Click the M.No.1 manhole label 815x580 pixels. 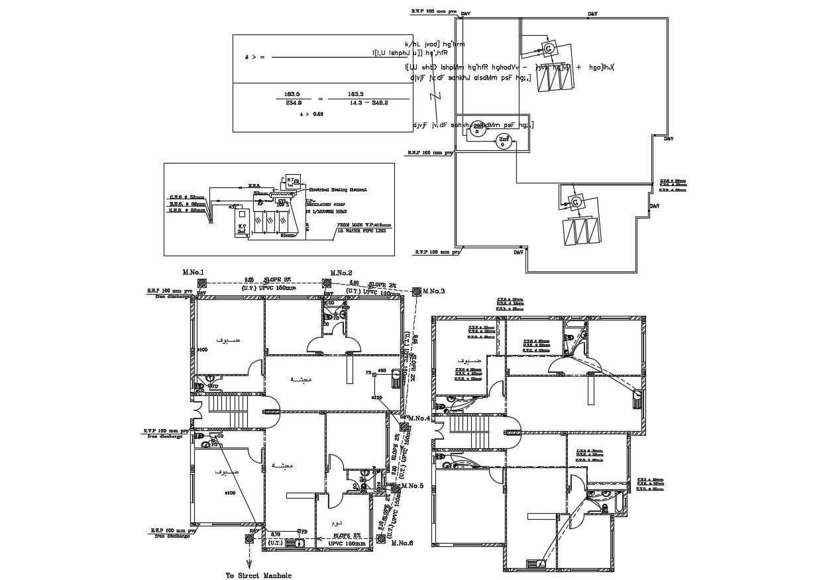point(193,273)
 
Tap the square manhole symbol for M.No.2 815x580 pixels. point(327,283)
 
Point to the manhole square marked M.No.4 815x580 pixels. point(403,418)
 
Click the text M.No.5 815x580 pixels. point(411,486)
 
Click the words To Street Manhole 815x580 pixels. point(258,575)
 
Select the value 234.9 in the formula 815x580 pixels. point(293,103)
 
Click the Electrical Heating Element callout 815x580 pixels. point(337,189)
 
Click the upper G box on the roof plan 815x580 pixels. point(549,48)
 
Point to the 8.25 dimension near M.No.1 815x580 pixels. point(249,280)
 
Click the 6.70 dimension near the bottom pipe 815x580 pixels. point(276,532)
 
